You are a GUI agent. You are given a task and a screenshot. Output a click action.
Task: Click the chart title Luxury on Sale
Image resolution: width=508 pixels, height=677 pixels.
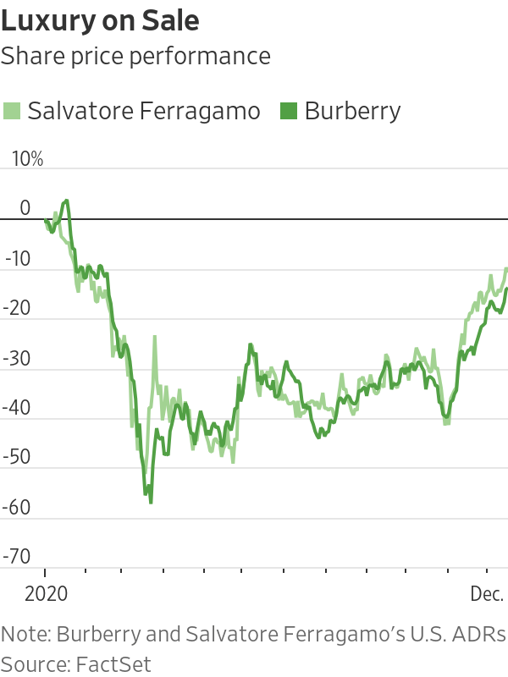[101, 20]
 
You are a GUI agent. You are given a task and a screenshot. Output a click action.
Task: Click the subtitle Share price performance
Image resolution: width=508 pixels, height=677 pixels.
[135, 56]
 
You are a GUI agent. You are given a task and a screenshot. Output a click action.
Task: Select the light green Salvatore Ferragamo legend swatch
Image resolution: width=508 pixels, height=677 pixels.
[11, 110]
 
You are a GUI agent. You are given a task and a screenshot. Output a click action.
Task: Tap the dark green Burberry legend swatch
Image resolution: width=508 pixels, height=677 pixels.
[288, 110]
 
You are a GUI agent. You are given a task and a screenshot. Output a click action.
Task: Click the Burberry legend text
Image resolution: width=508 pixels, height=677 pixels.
[352, 111]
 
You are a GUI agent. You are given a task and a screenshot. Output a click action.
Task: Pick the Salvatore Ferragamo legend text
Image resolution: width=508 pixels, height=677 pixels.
[143, 111]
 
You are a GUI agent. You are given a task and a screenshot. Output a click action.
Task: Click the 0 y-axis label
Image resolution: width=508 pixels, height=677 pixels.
[25, 208]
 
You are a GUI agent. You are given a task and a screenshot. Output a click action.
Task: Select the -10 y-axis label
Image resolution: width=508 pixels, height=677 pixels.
[18, 258]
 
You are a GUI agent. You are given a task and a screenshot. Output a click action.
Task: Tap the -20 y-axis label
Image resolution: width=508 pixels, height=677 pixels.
[18, 308]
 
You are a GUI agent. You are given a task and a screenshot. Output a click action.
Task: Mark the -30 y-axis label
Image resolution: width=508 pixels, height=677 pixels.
[18, 358]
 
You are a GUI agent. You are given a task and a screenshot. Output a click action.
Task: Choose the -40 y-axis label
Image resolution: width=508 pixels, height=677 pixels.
[18, 408]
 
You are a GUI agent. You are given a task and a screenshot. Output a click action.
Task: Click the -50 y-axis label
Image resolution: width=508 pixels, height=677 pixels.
[18, 458]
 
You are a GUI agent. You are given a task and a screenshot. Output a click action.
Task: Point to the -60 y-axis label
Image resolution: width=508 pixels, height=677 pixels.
[18, 507]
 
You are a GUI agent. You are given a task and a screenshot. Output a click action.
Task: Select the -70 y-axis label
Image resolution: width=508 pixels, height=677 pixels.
[18, 557]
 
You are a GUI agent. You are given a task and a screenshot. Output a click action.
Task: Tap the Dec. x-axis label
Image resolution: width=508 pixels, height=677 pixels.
[487, 594]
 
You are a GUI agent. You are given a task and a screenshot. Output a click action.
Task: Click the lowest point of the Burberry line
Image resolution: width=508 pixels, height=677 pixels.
[151, 503]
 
